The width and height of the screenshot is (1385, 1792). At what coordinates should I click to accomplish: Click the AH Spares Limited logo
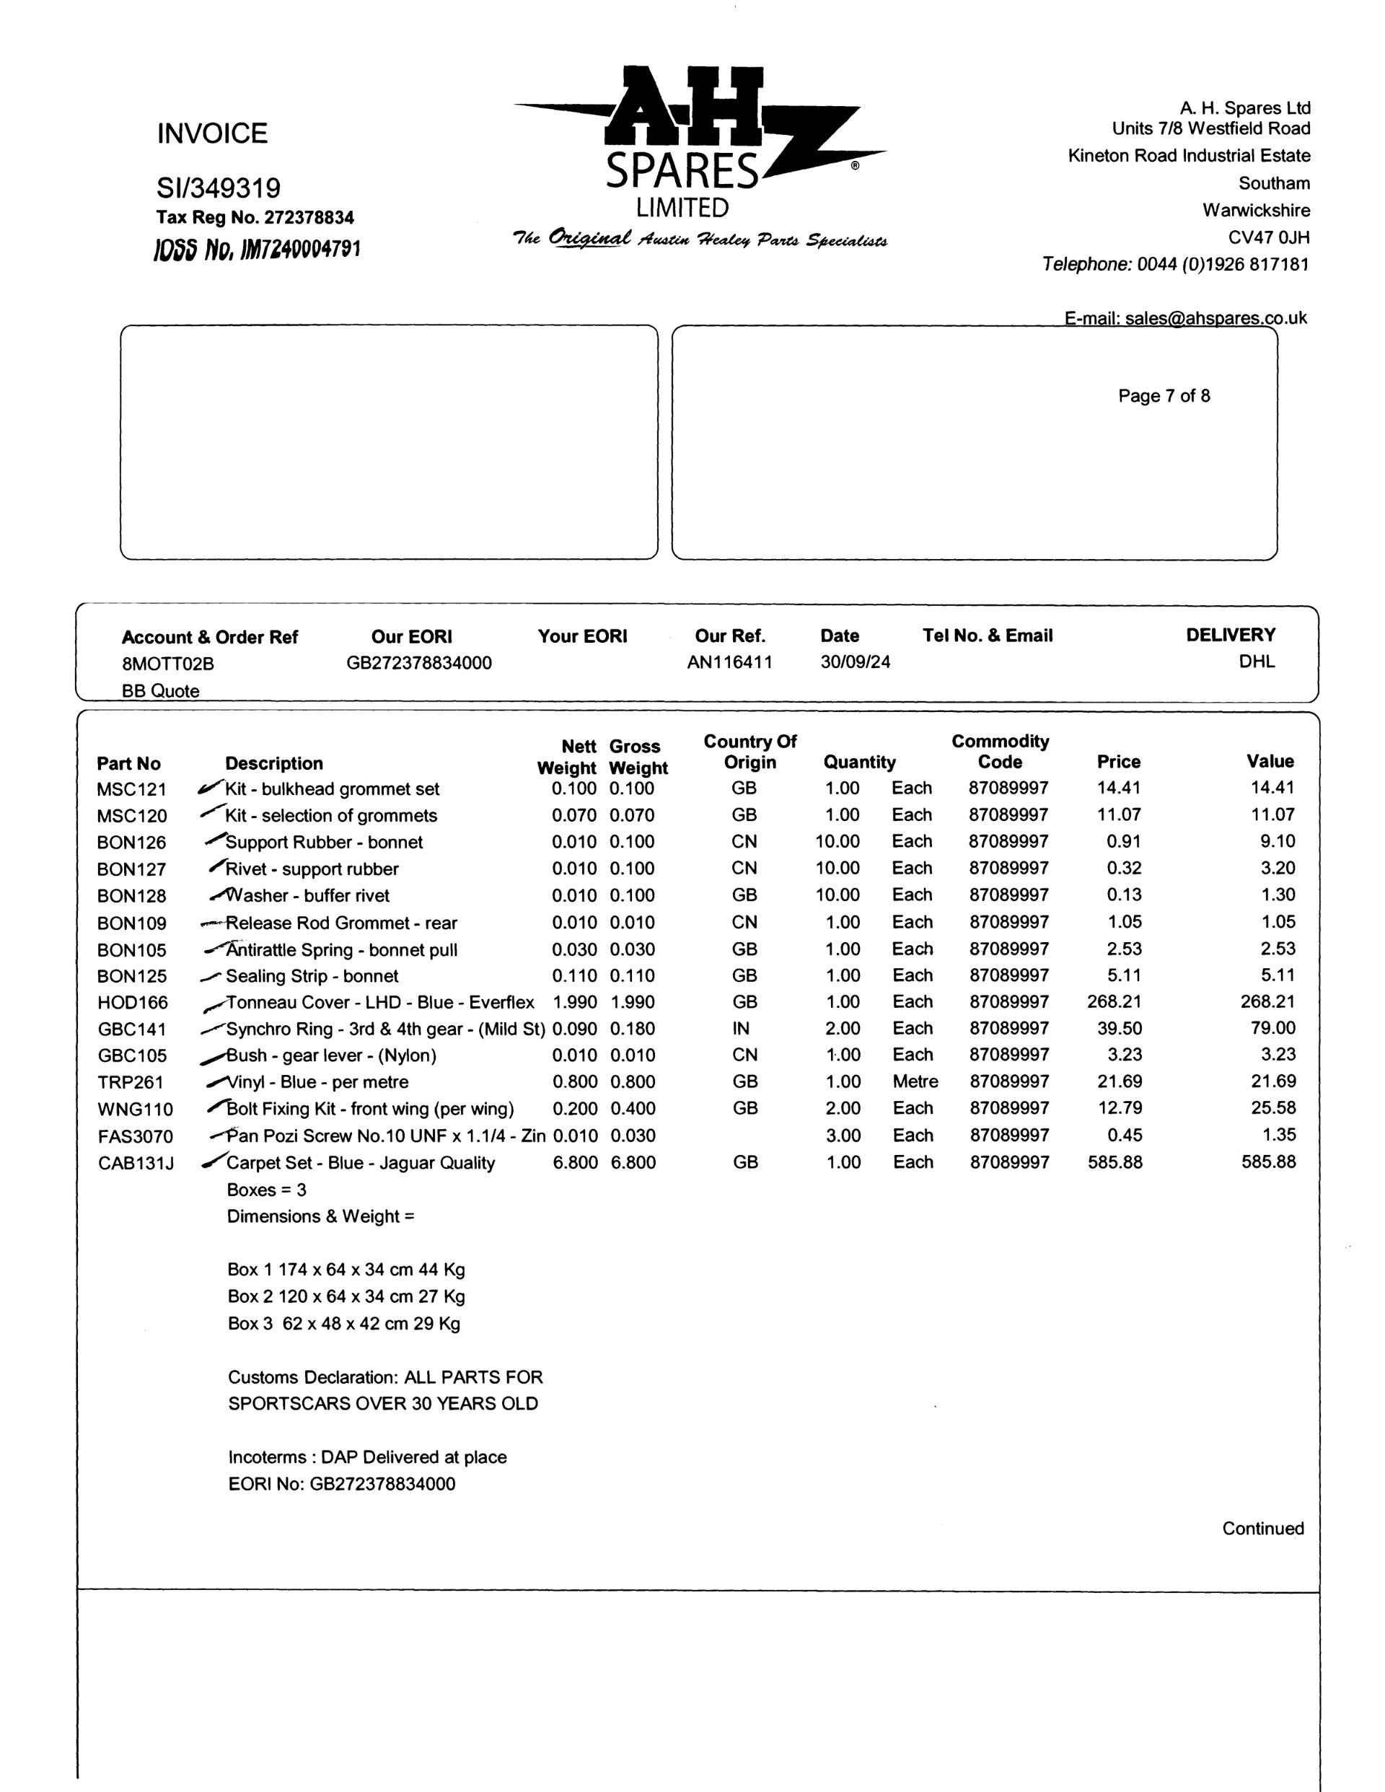pos(699,156)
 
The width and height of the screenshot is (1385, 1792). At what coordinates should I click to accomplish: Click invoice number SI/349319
pos(219,188)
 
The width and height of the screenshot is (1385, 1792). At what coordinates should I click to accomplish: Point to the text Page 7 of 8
pos(1164,395)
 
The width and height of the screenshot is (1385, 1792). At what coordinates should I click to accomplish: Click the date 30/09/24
pos(854,662)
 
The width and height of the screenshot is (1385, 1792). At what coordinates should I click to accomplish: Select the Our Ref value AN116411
pos(729,662)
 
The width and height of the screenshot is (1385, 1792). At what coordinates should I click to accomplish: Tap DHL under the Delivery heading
pos(1256,662)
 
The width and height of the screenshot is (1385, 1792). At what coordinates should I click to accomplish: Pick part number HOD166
pos(132,1003)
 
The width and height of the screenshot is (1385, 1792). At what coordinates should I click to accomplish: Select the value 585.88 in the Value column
pos(1267,1162)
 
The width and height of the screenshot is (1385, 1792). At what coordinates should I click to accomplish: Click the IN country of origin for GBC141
pos(741,1028)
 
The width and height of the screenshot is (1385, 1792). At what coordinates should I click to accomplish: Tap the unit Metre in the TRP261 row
pos(915,1081)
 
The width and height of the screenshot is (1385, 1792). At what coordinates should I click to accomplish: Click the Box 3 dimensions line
pos(344,1324)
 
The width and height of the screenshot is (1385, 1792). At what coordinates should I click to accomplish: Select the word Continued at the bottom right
pos(1262,1528)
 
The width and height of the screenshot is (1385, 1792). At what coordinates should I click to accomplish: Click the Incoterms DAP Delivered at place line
pos(366,1457)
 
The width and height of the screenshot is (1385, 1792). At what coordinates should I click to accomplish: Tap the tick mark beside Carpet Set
pos(214,1160)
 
